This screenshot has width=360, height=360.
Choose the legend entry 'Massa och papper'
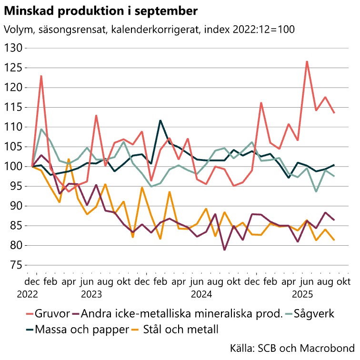(75, 329)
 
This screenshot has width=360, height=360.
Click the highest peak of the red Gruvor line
(307, 61)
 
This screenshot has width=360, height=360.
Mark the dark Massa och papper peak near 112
(160, 120)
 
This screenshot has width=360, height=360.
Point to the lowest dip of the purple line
(224, 250)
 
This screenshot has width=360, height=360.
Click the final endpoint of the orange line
(334, 240)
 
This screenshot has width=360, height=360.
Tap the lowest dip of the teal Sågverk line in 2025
(316, 191)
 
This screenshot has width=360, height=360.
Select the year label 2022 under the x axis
(28, 294)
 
